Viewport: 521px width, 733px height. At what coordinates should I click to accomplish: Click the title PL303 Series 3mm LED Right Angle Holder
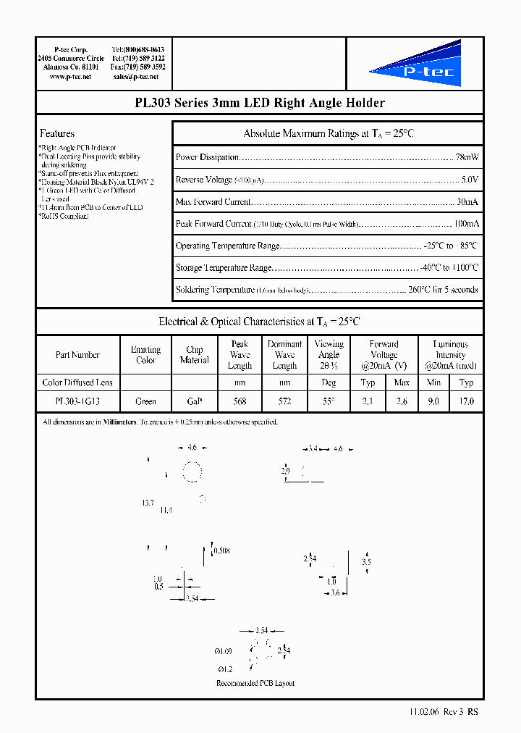260,103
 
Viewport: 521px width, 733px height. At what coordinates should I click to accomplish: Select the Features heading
57,133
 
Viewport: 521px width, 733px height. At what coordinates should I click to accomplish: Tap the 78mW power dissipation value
466,157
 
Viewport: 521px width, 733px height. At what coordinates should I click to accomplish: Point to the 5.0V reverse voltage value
469,180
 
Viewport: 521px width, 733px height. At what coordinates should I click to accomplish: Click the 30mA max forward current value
467,202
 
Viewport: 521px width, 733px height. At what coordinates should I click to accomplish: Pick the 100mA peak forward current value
465,225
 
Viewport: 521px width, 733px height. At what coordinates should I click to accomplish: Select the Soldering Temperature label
215,290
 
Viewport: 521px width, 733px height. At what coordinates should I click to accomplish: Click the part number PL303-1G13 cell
77,401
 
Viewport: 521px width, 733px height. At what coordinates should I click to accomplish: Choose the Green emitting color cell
145,401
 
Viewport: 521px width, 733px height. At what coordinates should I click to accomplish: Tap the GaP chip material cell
194,401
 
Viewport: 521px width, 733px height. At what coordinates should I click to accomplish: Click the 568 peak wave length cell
240,401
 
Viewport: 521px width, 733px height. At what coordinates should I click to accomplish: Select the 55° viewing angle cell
329,401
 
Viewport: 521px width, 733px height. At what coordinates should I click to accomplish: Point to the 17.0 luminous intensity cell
467,401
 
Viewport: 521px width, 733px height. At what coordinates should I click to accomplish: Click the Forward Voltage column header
384,355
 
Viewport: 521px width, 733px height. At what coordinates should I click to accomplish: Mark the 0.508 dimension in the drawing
222,551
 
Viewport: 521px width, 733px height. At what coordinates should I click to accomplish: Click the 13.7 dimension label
148,503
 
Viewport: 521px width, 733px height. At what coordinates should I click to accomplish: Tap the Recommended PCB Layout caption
255,683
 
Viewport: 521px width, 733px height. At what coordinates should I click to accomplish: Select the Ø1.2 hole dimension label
224,669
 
